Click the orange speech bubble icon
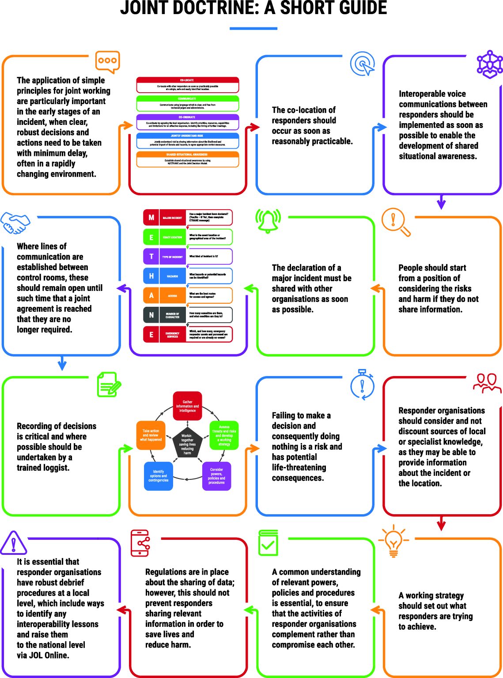coord(107,61)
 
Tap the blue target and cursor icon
coord(363,64)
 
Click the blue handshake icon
coord(15,223)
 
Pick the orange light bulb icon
coord(393,541)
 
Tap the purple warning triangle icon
coord(13,543)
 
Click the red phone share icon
coord(140,543)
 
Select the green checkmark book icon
coord(268,543)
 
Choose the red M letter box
coord(151,218)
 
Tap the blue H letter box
coord(151,276)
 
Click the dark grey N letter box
coord(151,315)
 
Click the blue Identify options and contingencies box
coord(158,476)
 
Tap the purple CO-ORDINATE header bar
coord(187,117)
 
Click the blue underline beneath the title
coord(253,29)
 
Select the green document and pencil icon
coord(108,384)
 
